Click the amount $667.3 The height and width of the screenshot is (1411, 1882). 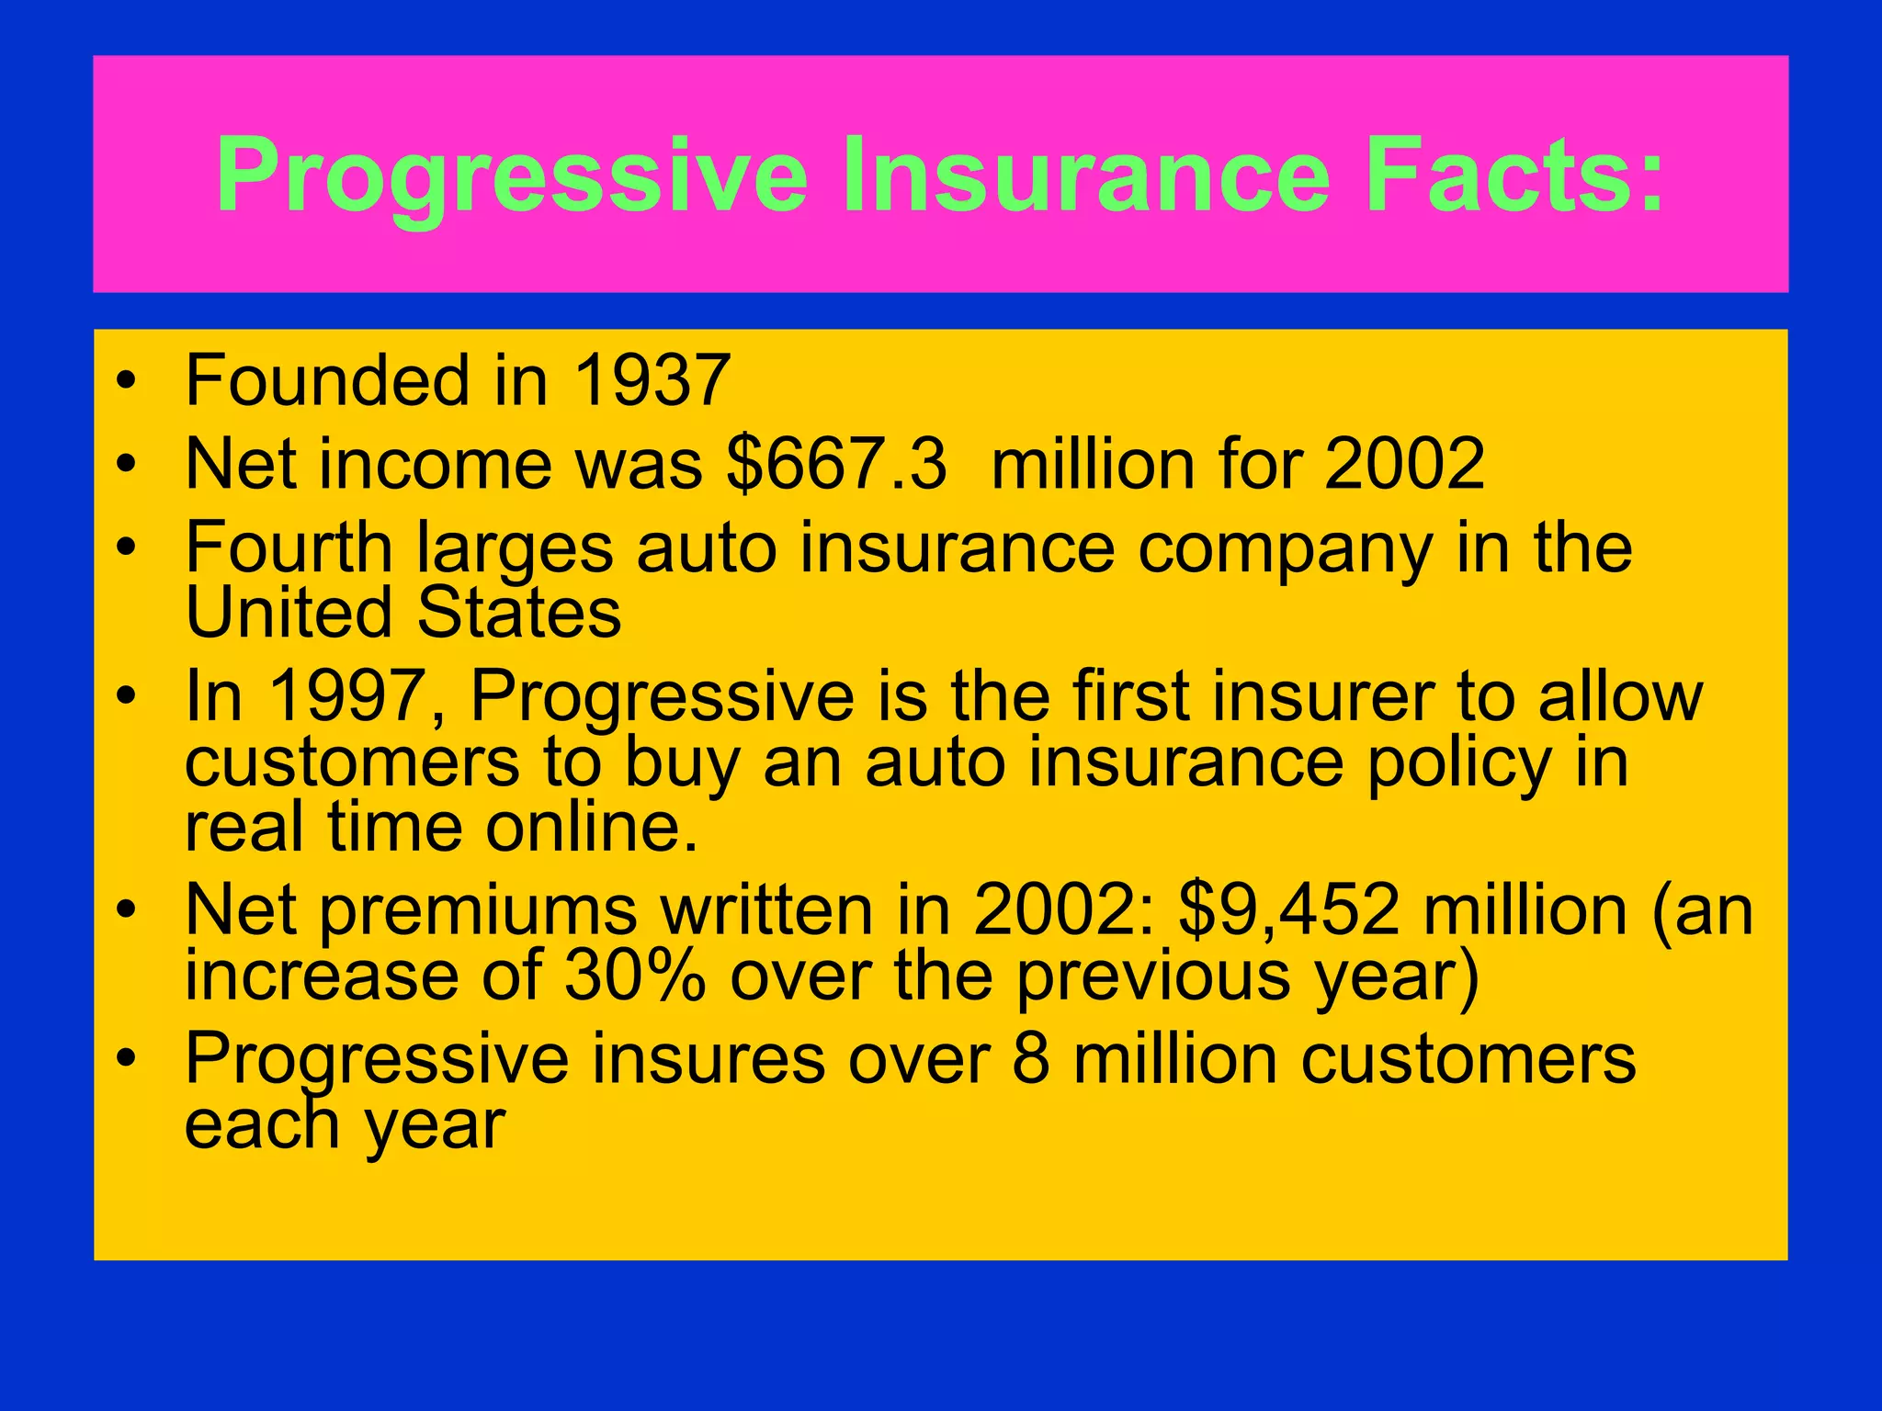coord(836,464)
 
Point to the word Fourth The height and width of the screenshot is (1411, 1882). coord(289,547)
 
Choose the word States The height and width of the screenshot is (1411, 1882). coord(519,613)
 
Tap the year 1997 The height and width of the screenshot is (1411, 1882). coord(355,696)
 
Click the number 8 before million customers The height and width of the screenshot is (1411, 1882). coord(1031,1059)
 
